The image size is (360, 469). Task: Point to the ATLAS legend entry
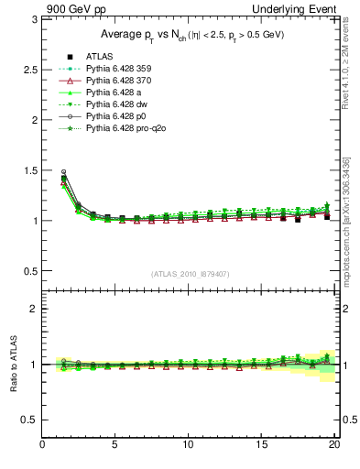[x=99, y=55]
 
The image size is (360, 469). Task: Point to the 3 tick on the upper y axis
[x=33, y=19]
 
